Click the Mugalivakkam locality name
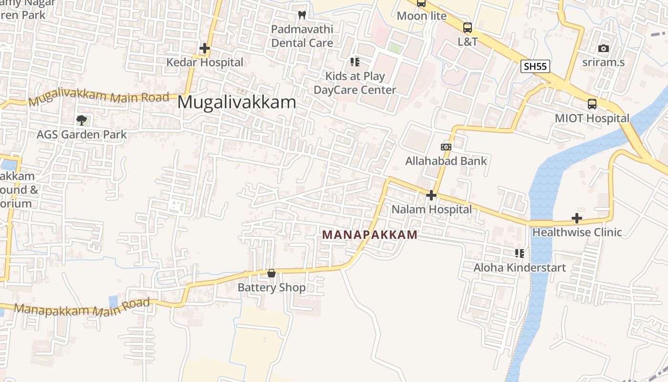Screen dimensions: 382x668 point(237,103)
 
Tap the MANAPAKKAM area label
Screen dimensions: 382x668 point(370,235)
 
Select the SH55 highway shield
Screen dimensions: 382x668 point(535,66)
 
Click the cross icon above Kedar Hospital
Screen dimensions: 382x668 point(205,48)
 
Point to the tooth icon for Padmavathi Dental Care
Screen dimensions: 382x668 point(302,15)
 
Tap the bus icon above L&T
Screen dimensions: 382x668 point(468,28)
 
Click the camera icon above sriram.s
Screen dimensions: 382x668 point(604,48)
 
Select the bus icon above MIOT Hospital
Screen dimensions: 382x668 point(592,104)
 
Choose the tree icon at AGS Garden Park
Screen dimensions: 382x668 point(82,120)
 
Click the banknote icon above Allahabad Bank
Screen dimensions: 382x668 point(446,147)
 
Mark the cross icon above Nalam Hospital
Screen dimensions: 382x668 point(431,195)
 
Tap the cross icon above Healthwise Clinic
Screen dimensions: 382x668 point(577,219)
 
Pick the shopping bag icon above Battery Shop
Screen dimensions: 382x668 point(271,274)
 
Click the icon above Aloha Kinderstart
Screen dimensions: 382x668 point(519,254)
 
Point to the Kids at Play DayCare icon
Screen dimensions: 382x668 point(355,62)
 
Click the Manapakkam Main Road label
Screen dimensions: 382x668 point(82,308)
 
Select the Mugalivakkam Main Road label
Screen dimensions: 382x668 point(99,99)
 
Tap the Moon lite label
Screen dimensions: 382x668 point(422,16)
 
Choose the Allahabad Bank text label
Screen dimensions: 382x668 point(446,161)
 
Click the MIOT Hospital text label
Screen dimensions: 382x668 point(592,118)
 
